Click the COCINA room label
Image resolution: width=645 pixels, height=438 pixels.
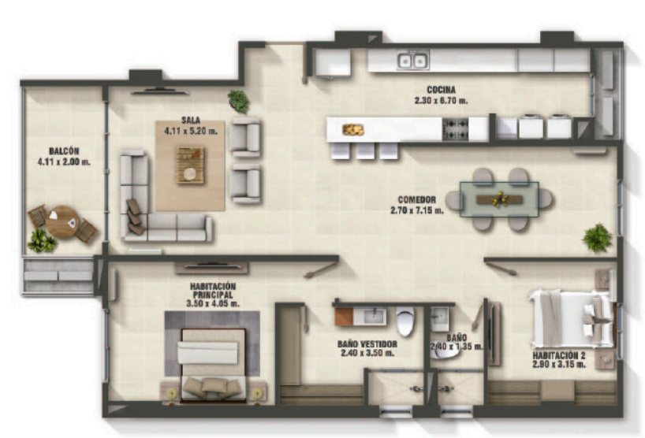coord(441,90)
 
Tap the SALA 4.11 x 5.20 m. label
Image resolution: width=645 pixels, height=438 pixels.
coord(191,126)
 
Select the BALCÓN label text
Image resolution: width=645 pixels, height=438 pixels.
coord(64,151)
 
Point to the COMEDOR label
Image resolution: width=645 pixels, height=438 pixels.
coord(416,199)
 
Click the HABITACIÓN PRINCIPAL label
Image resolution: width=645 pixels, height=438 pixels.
coord(213,291)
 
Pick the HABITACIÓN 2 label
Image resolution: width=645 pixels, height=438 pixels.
coord(559,355)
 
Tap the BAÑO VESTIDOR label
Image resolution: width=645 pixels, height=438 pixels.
coord(367,344)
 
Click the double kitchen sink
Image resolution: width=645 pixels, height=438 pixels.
coord(413,61)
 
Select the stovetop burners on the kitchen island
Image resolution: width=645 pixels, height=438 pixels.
coord(456,129)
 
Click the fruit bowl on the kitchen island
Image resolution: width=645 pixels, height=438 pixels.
coord(353,130)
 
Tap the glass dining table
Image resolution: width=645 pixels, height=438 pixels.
coord(499,199)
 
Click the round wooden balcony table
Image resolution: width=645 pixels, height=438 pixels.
coord(62,222)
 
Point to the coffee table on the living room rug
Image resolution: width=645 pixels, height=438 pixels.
coord(190,165)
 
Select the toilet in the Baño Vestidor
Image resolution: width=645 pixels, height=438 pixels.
coord(405,321)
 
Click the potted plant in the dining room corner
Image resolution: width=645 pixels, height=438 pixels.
coord(597,239)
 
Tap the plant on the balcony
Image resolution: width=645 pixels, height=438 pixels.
coord(42,241)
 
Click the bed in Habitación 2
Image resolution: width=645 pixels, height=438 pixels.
coord(572,318)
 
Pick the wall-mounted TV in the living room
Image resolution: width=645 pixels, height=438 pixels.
coord(159,91)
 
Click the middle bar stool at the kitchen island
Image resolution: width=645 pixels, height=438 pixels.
coord(365,150)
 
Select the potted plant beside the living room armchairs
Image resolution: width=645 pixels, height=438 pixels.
coord(239,101)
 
